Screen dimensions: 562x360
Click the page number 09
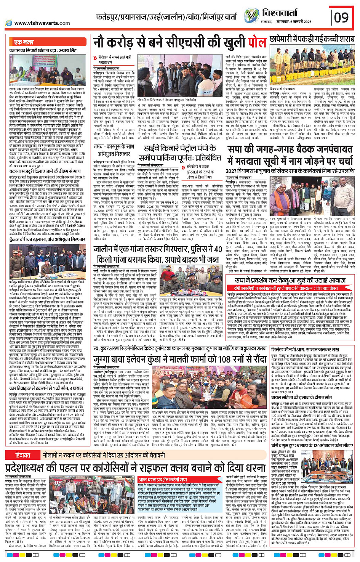point(341,17)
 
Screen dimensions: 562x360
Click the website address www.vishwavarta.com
point(38,23)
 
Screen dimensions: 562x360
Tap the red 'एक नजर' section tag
point(24,42)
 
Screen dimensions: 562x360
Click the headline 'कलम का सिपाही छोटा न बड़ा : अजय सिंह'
point(43,50)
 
